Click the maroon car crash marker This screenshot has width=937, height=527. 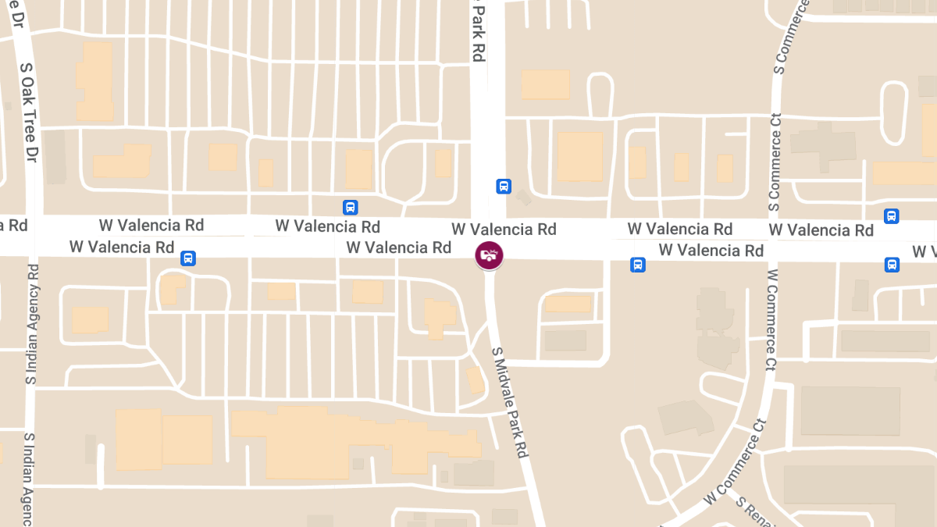pyautogui.click(x=490, y=255)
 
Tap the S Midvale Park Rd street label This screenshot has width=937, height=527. pyautogui.click(x=511, y=402)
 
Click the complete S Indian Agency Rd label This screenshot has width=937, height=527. pyautogui.click(x=32, y=325)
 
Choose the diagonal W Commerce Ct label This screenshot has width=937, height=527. pyautogui.click(x=733, y=464)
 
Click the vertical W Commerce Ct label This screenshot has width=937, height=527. pyautogui.click(x=772, y=320)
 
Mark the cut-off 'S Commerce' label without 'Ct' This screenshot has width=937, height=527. pyautogui.click(x=788, y=37)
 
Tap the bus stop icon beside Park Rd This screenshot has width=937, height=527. pyautogui.click(x=504, y=187)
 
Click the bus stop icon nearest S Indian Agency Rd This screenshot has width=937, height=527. pyautogui.click(x=187, y=258)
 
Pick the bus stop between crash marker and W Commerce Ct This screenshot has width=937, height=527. pyautogui.click(x=638, y=265)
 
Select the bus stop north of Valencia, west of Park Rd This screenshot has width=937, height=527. pyautogui.click(x=351, y=207)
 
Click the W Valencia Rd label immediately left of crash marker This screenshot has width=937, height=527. pyautogui.click(x=399, y=247)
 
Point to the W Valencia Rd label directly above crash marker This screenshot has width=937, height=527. pyautogui.click(x=504, y=230)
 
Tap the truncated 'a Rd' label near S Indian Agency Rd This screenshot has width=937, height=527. pyautogui.click(x=14, y=226)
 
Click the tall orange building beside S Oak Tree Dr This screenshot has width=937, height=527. pyautogui.click(x=94, y=81)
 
